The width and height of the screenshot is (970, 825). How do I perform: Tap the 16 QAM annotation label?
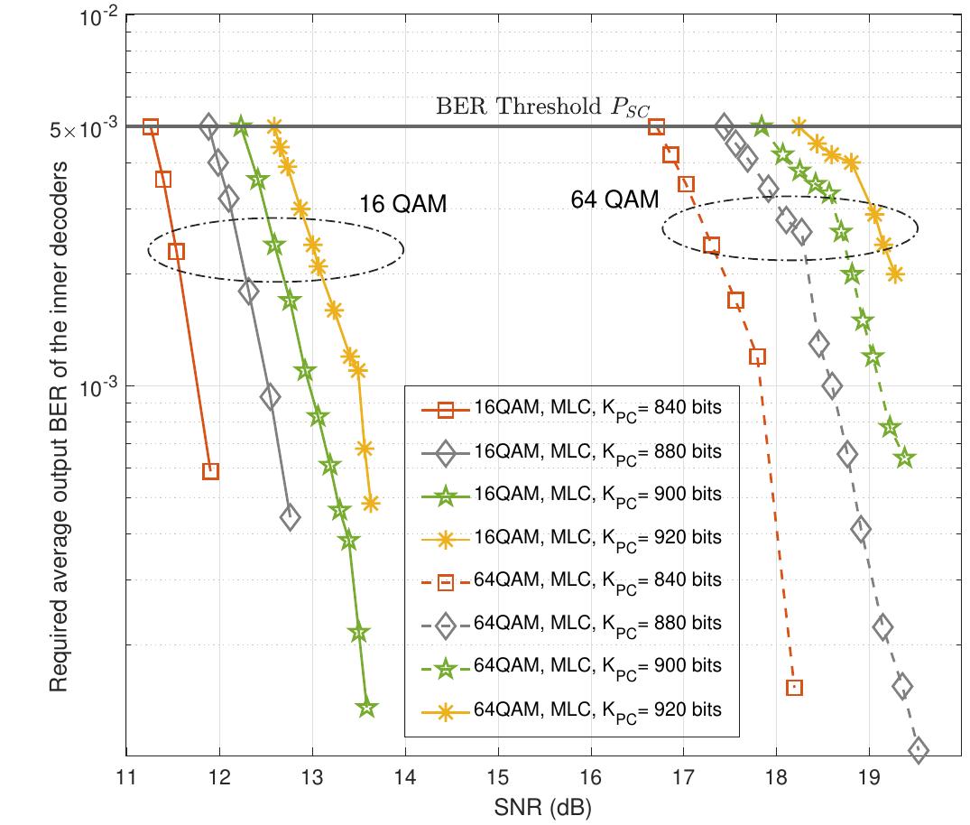tap(403, 204)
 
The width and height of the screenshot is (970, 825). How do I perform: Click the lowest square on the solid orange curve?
tap(210, 470)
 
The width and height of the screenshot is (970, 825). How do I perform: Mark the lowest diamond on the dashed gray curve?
tap(919, 749)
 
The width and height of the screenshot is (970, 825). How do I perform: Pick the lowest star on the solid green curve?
tap(365, 709)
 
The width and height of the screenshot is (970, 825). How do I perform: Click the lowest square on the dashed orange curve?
tap(794, 688)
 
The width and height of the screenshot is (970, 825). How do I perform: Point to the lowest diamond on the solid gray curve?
tap(290, 517)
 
